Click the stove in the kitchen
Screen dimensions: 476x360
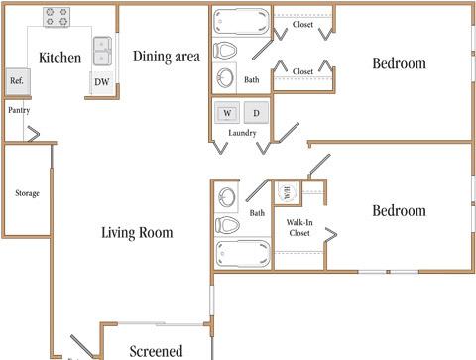tap(57, 17)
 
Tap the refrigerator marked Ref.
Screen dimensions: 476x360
tap(18, 81)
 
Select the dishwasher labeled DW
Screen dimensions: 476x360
tap(101, 82)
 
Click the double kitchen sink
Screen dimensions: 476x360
tap(102, 52)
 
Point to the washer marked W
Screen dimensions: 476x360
tap(227, 113)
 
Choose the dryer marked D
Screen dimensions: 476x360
tap(256, 113)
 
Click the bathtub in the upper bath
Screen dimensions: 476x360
tap(241, 22)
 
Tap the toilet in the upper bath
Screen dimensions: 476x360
tap(225, 51)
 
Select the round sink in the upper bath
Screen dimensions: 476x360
tap(225, 78)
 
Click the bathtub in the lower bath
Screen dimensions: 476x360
tap(243, 254)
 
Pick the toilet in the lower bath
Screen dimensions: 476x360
tap(227, 225)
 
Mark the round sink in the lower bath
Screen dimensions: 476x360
tap(226, 197)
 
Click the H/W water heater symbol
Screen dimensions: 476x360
tap(287, 192)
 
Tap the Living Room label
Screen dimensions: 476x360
tap(137, 232)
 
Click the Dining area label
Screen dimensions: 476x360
tap(167, 57)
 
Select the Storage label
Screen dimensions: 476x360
tap(27, 193)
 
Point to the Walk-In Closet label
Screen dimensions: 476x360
tap(299, 228)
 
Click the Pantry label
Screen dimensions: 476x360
tap(19, 110)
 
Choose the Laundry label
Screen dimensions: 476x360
tap(242, 133)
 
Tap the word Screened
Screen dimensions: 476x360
tap(156, 351)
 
